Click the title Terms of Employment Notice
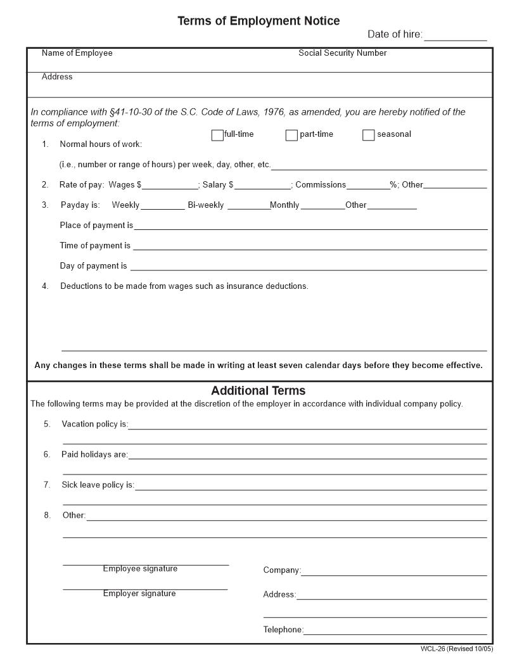258,21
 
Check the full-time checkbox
217,135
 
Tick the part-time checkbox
291,135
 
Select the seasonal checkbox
368,135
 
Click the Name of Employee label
77,53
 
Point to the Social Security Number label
342,53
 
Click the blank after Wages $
170,185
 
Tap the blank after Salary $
262,185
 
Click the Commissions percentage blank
367,185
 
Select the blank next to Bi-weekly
248,205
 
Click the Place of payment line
310,226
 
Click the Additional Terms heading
258,391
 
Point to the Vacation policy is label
94,424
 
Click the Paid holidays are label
94,454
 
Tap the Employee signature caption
140,569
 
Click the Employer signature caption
139,594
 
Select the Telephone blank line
395,630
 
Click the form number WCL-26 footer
456,649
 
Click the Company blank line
393,571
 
